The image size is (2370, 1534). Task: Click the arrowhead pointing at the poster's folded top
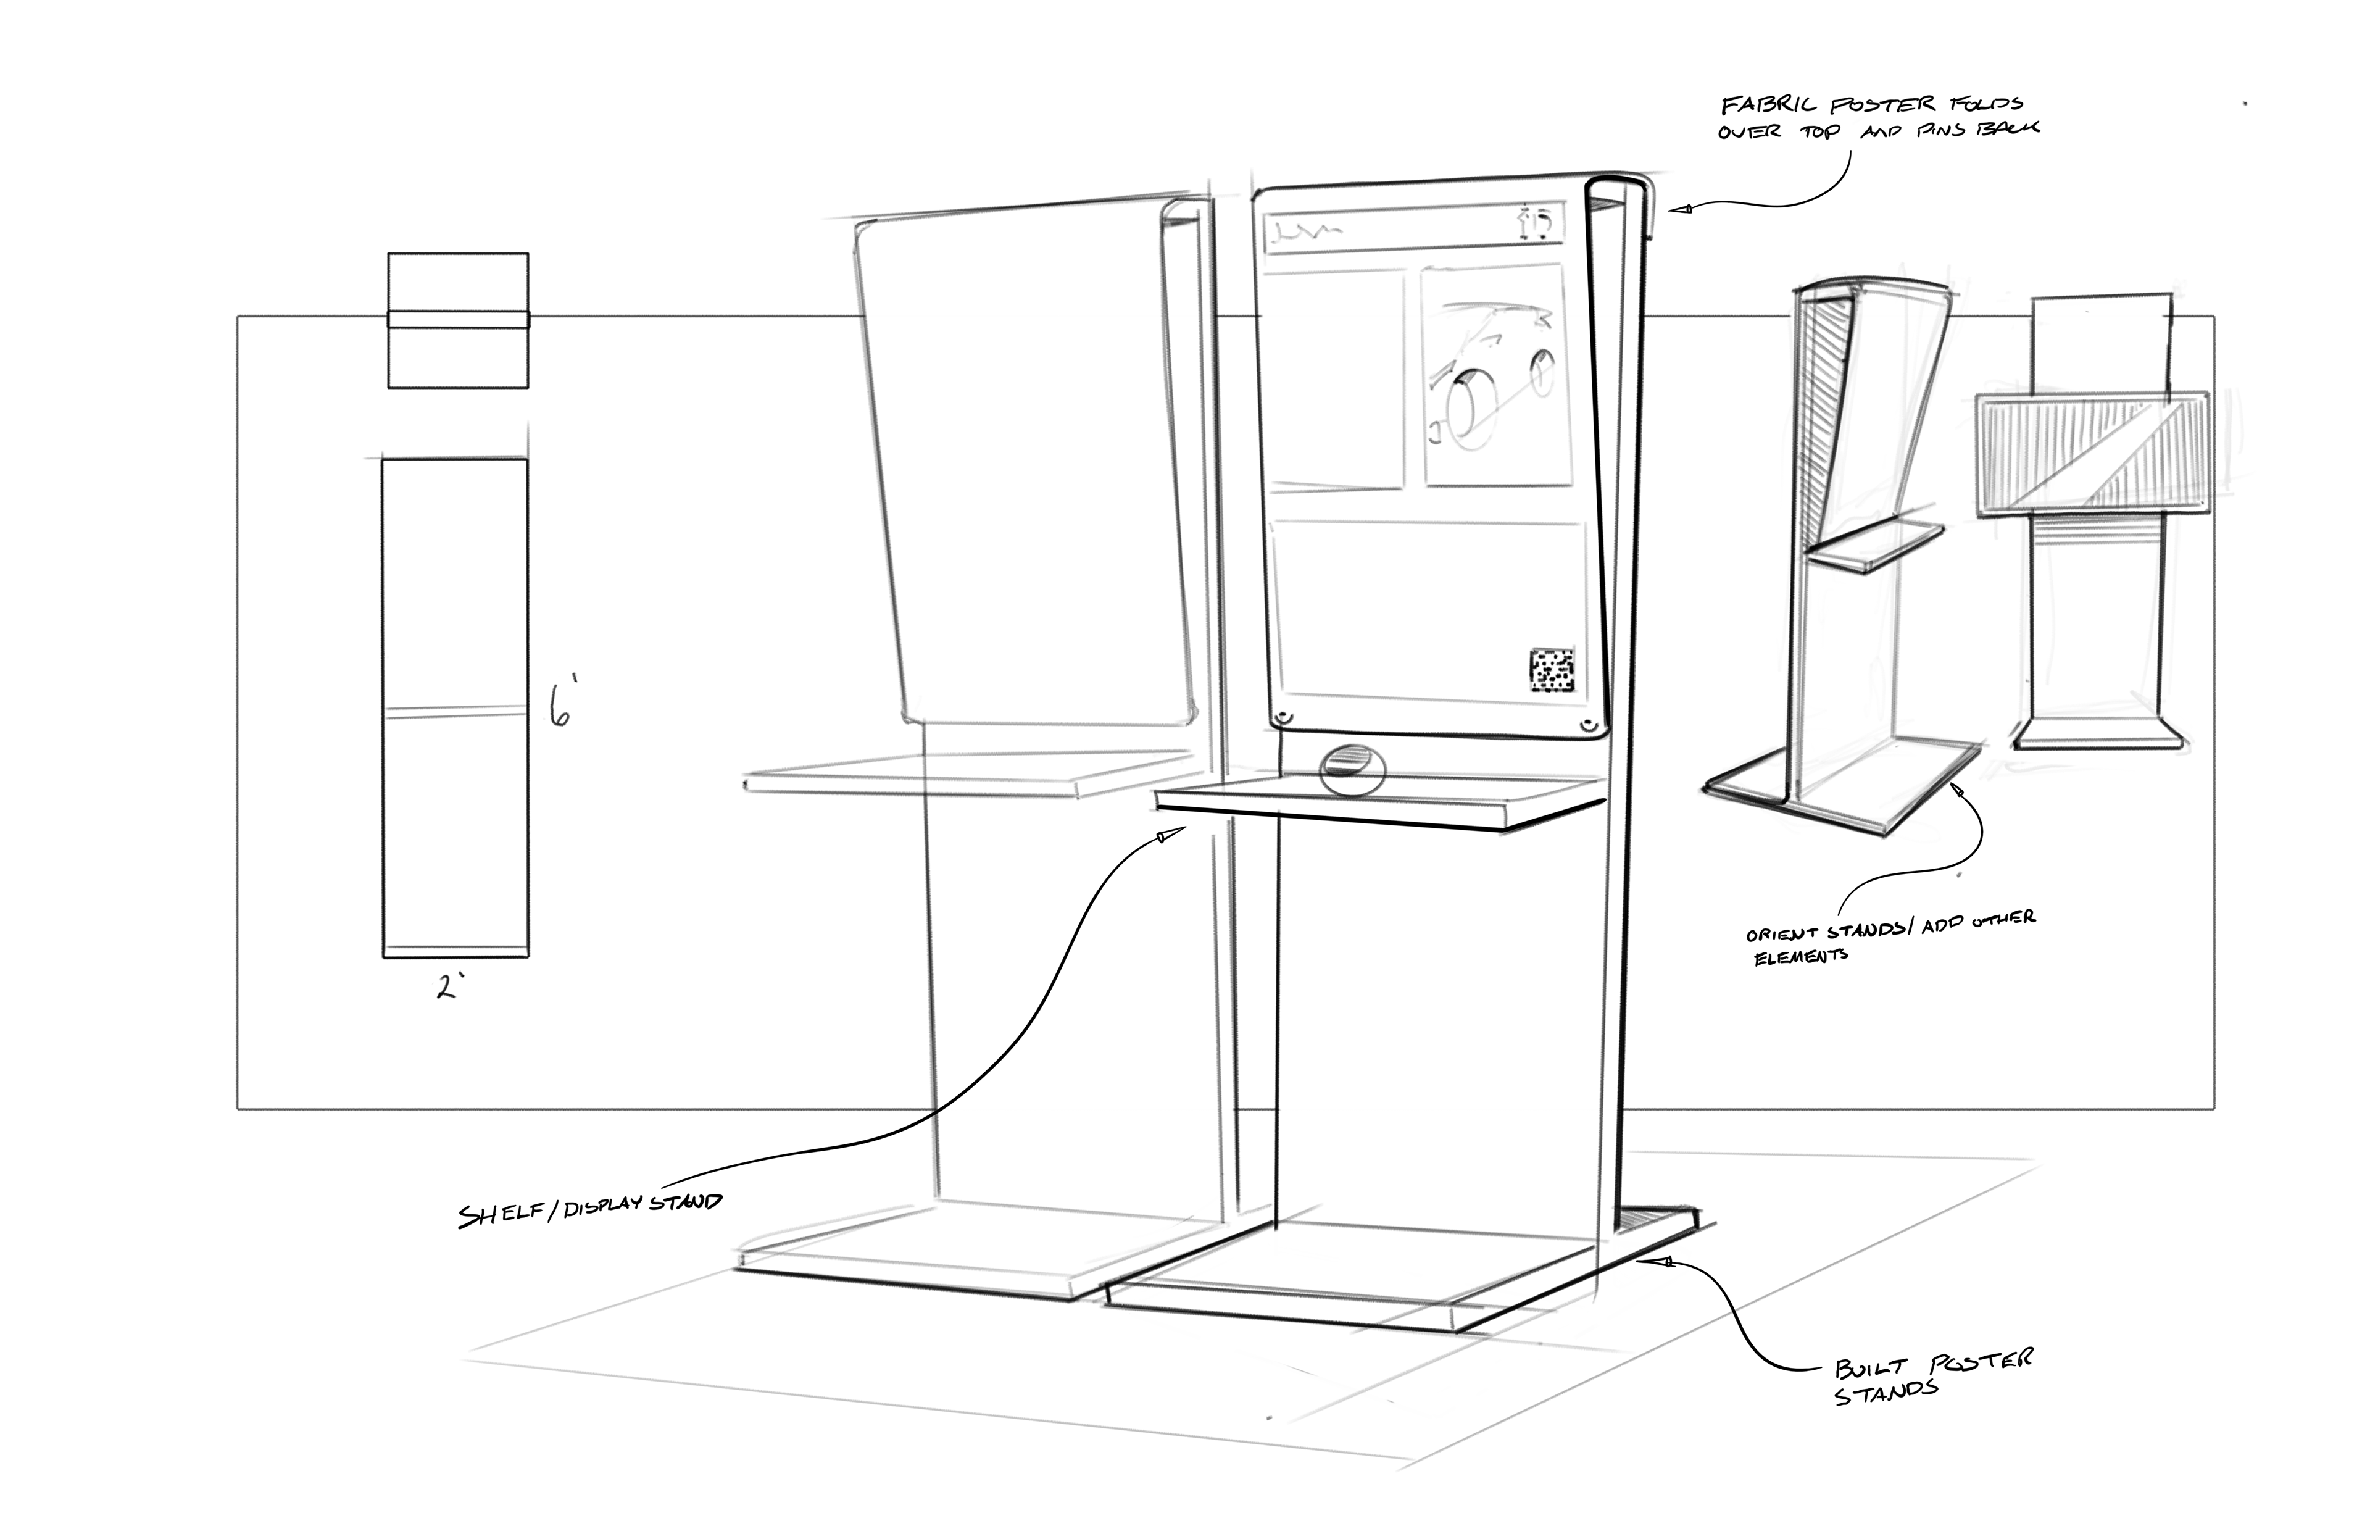coord(1680,210)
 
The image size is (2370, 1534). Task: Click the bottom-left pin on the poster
coord(1284,717)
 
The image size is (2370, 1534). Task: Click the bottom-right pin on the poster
coord(1590,724)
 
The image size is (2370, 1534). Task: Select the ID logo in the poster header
coord(1537,222)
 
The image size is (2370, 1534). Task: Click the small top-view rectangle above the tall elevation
coord(457,320)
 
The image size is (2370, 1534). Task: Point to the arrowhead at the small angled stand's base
coord(1960,790)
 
